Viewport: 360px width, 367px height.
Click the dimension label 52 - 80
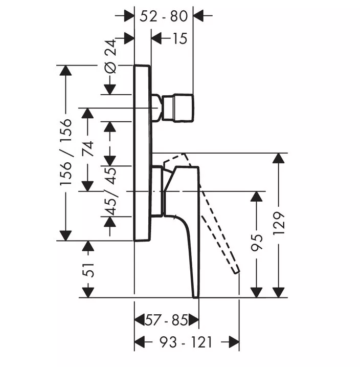pos(164,16)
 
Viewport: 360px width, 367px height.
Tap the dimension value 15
pos(180,38)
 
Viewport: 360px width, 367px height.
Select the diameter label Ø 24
pos(110,56)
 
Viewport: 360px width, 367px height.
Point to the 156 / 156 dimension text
pos(65,153)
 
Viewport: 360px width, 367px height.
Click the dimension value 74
pos(88,149)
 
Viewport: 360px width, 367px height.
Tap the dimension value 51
pos(88,270)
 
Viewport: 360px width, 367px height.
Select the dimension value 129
pos(279,223)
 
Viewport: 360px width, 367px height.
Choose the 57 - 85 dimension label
pos(166,320)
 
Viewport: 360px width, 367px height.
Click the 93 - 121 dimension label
pos(186,342)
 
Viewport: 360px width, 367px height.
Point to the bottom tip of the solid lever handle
pos(196,297)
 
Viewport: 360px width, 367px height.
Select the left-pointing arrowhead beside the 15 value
pos(156,38)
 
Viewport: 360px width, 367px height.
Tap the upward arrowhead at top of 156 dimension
pos(65,70)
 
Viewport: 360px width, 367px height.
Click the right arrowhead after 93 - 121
pos(234,342)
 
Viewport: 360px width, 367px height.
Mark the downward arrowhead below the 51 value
pos(88,292)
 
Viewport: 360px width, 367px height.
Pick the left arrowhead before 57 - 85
pos(140,320)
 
